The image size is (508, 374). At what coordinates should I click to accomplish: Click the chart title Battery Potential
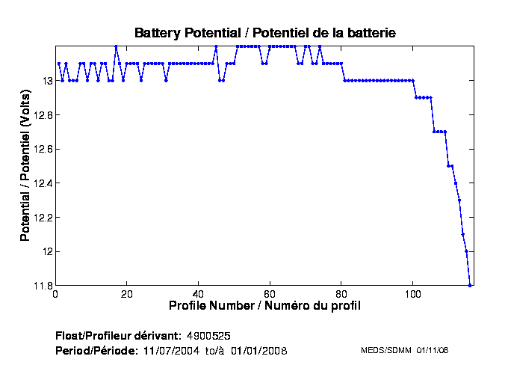pyautogui.click(x=264, y=33)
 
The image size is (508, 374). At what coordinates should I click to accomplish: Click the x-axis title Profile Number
pyautogui.click(x=264, y=305)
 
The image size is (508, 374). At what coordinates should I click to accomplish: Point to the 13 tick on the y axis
pyautogui.click(x=46, y=81)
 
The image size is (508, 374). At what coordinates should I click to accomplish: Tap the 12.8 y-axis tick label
pyautogui.click(x=41, y=114)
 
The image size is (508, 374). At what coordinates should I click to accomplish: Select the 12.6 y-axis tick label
pyautogui.click(x=41, y=149)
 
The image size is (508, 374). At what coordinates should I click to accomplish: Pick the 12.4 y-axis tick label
pyautogui.click(x=41, y=183)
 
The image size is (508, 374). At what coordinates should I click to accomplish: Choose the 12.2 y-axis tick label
pyautogui.click(x=41, y=217)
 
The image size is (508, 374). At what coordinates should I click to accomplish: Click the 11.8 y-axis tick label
pyautogui.click(x=41, y=285)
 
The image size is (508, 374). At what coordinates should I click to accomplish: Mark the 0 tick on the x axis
pyautogui.click(x=55, y=293)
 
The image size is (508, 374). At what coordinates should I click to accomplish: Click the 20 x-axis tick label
pyautogui.click(x=127, y=293)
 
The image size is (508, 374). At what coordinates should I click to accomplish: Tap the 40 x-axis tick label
pyautogui.click(x=198, y=293)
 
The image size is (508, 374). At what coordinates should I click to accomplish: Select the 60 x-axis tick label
pyautogui.click(x=270, y=293)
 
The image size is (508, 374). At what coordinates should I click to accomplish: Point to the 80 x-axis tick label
pyautogui.click(x=341, y=293)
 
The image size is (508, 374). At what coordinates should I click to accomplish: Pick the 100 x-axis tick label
pyautogui.click(x=412, y=293)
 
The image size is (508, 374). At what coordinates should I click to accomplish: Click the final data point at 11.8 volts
pyautogui.click(x=470, y=285)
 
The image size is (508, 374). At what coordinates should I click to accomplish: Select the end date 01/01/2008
pyautogui.click(x=258, y=350)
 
